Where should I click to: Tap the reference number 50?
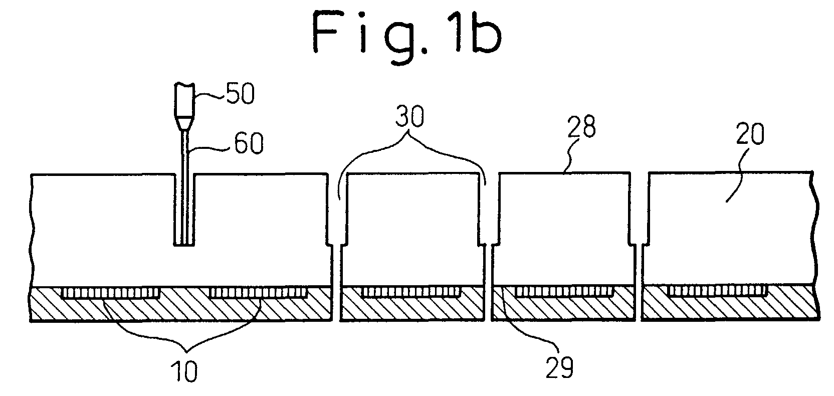coord(240,94)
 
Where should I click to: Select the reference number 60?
coord(249,143)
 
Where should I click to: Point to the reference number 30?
coord(409,116)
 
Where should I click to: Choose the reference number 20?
coord(750,134)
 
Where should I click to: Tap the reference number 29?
coord(560,367)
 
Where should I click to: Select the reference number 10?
coord(184,371)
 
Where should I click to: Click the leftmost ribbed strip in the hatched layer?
coord(111,292)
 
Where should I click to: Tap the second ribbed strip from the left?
coord(258,292)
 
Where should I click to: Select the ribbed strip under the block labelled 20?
coord(717,290)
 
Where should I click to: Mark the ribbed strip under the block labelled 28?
coord(564,291)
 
